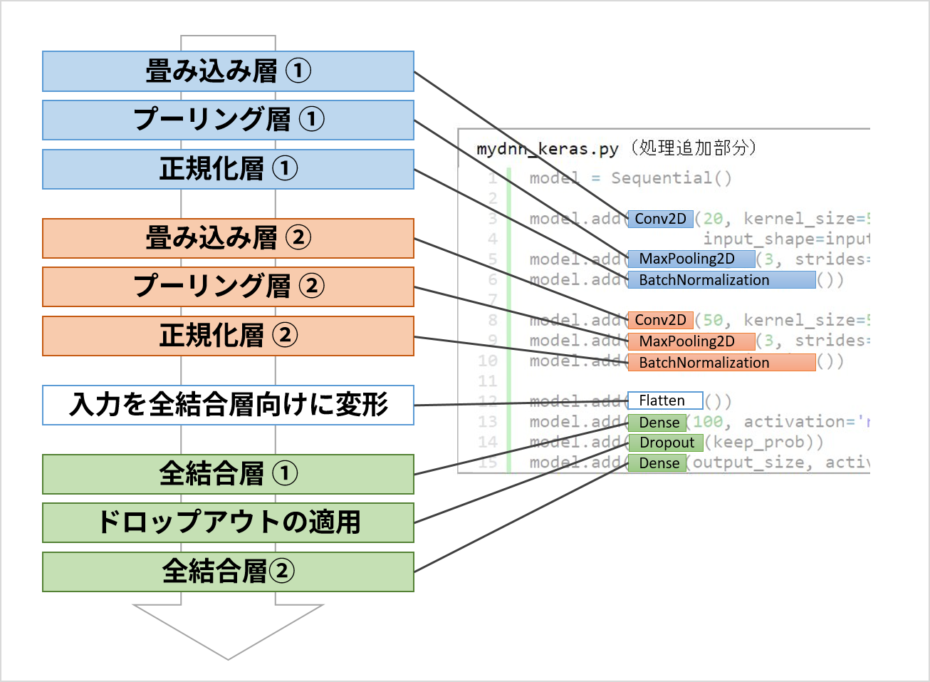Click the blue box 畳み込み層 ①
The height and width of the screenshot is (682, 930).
[x=228, y=71]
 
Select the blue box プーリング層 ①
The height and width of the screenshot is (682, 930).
[x=228, y=120]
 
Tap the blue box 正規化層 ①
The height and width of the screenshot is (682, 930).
[x=228, y=169]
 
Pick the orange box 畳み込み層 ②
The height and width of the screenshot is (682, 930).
[x=228, y=238]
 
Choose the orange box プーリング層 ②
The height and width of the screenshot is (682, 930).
[x=228, y=286]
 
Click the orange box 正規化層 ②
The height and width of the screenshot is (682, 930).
[x=228, y=336]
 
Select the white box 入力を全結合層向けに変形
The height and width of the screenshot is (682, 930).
[x=228, y=405]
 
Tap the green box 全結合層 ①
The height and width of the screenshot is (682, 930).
[x=228, y=474]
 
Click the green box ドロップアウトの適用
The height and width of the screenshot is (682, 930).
[x=228, y=522]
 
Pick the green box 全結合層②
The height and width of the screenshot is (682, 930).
[x=228, y=572]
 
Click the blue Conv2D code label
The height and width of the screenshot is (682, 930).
[x=660, y=219]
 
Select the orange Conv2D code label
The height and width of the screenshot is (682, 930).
[x=660, y=320]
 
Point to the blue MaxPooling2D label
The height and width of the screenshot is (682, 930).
[x=691, y=259]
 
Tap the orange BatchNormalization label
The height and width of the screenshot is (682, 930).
[x=721, y=362]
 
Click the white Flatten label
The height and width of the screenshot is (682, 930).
[x=664, y=401]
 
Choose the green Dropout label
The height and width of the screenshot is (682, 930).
[x=666, y=443]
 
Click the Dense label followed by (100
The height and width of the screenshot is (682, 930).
[x=657, y=423]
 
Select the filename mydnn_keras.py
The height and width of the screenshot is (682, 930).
[x=547, y=149]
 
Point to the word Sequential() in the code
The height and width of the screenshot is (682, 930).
[x=671, y=178]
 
